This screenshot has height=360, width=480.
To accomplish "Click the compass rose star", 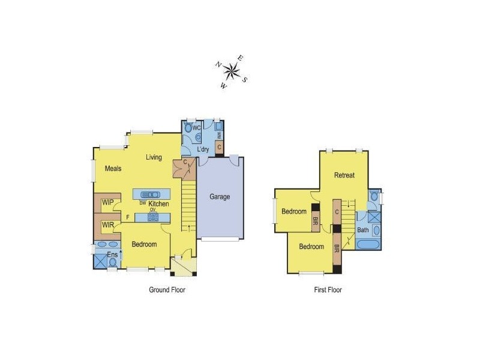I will click(232, 72).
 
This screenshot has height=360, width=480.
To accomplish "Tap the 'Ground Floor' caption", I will click(167, 290).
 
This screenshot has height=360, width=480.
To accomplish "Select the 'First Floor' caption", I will click(328, 290).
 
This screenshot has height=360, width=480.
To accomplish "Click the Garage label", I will click(220, 197).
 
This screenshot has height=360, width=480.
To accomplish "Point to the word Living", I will click(154, 158).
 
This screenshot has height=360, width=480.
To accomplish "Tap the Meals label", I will click(113, 169).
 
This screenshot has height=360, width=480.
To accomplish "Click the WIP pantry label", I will click(107, 203).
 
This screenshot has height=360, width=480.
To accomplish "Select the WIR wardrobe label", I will click(108, 225).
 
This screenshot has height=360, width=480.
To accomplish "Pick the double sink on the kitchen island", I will click(151, 194).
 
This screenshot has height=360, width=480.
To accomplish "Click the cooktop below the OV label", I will click(152, 218).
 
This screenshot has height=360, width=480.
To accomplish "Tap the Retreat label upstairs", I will click(344, 175).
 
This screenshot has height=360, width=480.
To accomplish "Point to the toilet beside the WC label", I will click(190, 128).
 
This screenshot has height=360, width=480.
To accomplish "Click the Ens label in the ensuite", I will click(112, 254).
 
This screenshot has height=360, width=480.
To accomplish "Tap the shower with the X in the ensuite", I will click(100, 261).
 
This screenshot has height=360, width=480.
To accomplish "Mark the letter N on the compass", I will click(220, 65).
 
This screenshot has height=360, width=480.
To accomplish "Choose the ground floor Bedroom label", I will click(144, 244).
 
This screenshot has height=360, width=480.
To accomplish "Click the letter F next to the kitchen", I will click(127, 217).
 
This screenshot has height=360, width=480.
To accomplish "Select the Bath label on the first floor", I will click(363, 230).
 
